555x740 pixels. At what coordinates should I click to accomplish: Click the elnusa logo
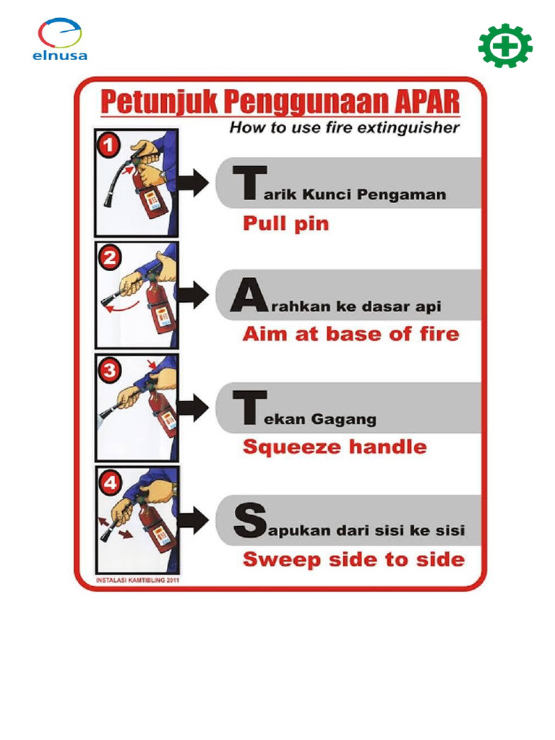60,40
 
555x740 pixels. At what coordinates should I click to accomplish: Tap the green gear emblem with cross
505,46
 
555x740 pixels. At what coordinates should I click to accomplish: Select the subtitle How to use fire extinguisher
344,129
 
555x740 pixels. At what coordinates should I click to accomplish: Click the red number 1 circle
107,145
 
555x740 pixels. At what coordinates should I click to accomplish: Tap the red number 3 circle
108,372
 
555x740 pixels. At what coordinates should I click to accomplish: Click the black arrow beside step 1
193,183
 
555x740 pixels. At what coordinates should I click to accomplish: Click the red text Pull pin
285,224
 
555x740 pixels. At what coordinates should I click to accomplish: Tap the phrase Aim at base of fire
350,334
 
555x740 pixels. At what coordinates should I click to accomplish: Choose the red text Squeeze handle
335,447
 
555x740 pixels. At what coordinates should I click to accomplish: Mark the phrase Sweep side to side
353,559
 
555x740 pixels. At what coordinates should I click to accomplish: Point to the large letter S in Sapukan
244,521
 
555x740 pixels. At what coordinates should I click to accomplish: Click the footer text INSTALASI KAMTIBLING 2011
137,580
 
